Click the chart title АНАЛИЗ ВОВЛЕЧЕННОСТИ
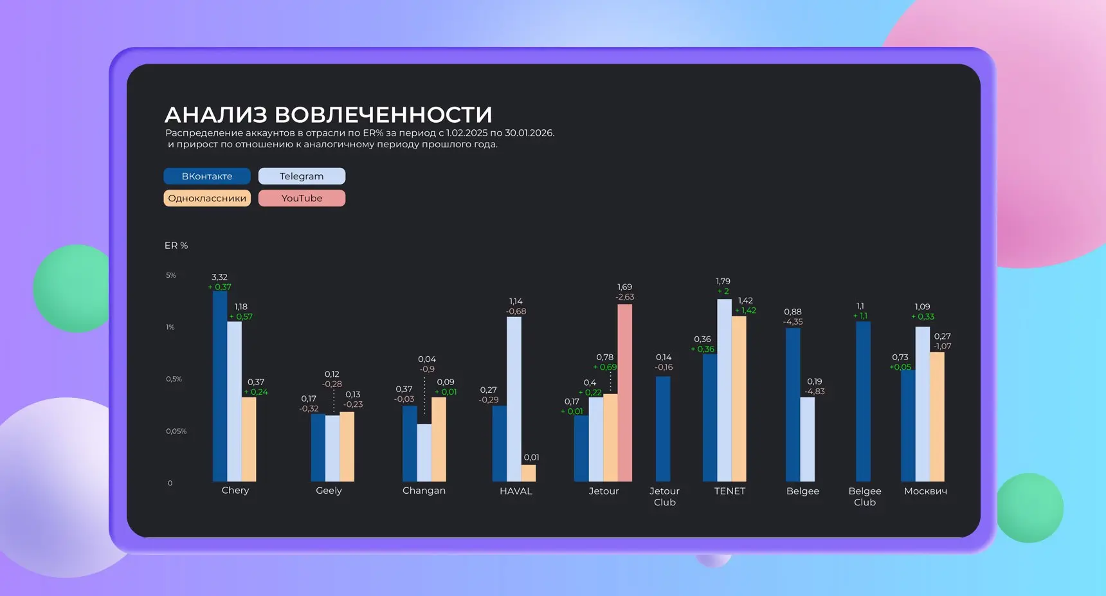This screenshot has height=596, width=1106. (x=328, y=114)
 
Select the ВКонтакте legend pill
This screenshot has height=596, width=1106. (x=207, y=176)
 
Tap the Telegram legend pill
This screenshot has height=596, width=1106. (x=302, y=176)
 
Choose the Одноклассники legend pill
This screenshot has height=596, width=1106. (x=207, y=198)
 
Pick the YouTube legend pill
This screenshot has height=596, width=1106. (x=302, y=198)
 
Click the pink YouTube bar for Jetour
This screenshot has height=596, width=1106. (x=624, y=392)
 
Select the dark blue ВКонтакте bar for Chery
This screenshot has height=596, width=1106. (x=220, y=386)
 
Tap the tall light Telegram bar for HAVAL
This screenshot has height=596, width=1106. (x=514, y=399)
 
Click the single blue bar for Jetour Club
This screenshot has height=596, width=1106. (x=663, y=428)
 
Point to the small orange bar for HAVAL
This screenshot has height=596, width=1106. (x=529, y=473)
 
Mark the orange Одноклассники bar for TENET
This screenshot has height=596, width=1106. (x=739, y=399)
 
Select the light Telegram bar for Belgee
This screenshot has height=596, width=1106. (x=807, y=438)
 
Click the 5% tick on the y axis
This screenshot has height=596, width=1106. (x=171, y=275)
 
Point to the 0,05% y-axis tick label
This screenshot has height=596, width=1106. (x=176, y=431)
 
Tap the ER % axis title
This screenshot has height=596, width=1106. (x=176, y=246)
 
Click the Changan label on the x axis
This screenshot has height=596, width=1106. (x=424, y=491)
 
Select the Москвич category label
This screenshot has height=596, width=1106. (x=925, y=491)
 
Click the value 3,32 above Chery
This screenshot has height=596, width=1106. (x=219, y=277)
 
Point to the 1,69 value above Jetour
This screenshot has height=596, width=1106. (x=624, y=287)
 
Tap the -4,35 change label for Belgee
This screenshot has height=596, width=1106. (x=793, y=321)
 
